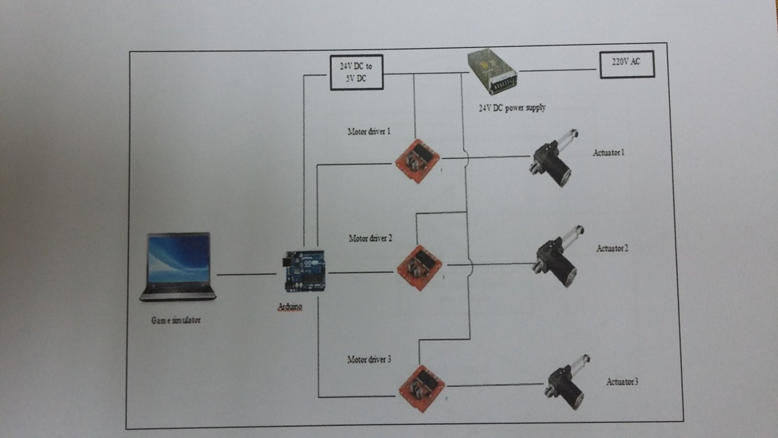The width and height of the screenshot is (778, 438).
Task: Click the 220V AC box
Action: coord(627,64)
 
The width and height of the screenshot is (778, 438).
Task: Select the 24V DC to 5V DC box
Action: coord(356,72)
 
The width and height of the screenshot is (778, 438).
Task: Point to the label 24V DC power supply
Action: coord(512,108)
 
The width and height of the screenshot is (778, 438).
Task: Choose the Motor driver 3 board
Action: coord(421,388)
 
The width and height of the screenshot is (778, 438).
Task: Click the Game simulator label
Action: coord(176,320)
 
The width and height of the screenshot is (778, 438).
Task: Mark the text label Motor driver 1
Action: coord(369,131)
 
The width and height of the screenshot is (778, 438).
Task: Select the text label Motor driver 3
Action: coord(369,360)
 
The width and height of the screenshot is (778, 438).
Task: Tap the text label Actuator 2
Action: coord(612,249)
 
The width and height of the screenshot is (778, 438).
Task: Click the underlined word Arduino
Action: coord(290,306)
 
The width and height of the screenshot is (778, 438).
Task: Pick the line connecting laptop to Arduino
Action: coord(247,275)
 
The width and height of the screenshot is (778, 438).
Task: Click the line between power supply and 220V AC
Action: coord(558,70)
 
